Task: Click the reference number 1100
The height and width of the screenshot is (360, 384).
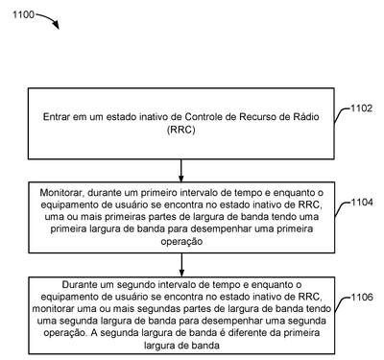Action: click(23, 14)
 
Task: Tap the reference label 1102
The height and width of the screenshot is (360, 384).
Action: click(362, 108)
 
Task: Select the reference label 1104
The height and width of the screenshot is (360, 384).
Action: click(362, 203)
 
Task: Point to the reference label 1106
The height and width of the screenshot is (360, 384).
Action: click(362, 297)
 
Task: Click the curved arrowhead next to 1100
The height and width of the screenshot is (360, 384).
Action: click(56, 25)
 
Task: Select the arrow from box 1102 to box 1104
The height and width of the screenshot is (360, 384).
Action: click(181, 171)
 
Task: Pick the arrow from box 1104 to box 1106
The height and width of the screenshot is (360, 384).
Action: click(181, 265)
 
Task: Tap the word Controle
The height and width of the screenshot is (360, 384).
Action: click(204, 117)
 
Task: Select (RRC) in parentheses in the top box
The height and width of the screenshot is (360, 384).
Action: click(180, 130)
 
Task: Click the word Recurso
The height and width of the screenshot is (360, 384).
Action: click(258, 117)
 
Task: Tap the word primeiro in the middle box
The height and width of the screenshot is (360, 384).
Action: click(159, 193)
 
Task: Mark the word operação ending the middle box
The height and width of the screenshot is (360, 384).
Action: click(181, 241)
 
